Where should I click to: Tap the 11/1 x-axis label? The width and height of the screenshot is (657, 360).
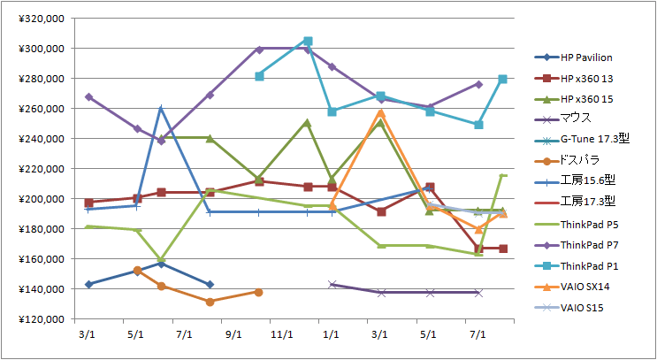283,334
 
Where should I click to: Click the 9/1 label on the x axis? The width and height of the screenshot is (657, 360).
233,334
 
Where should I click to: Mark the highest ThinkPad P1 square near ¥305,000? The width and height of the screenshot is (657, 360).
308,41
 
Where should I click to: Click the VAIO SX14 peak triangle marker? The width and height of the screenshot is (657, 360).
381,112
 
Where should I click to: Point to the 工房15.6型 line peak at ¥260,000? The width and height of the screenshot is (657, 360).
161,108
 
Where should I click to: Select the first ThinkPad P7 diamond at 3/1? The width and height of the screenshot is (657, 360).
88,97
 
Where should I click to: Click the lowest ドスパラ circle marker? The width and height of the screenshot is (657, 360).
210,302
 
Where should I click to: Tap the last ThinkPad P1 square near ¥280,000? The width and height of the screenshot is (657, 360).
503,79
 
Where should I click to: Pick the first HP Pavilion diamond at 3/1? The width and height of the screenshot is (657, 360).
88,284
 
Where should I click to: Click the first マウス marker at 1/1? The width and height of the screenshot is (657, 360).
332,284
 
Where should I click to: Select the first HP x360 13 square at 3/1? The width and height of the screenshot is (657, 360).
88,203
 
